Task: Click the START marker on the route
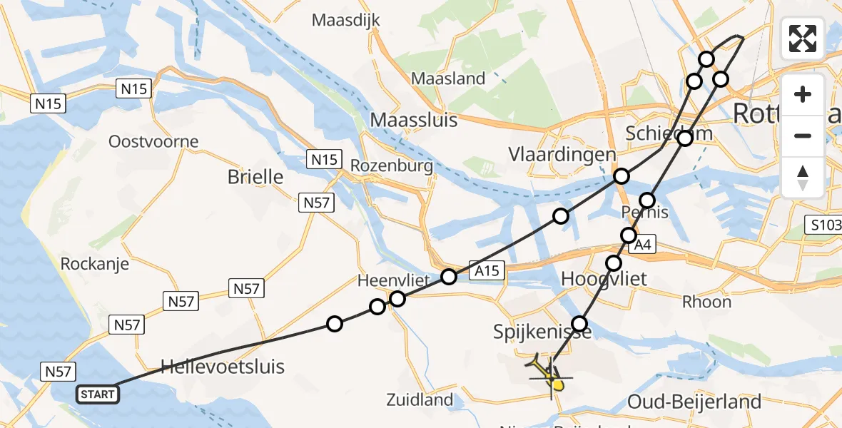[x=98, y=394]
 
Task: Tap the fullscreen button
[x=803, y=39]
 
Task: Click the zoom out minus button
[x=803, y=136]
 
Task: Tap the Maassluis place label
[x=414, y=120]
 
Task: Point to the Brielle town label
[x=255, y=177]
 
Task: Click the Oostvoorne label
[x=153, y=141]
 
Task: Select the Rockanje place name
[x=95, y=264]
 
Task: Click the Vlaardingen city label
[x=562, y=155]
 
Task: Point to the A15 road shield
[x=488, y=270]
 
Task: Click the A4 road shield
[x=642, y=245]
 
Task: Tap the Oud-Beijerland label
[x=694, y=402]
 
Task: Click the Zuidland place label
[x=420, y=399]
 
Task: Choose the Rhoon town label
[x=706, y=302]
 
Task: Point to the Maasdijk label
[x=346, y=20]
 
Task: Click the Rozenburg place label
[x=392, y=166]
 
